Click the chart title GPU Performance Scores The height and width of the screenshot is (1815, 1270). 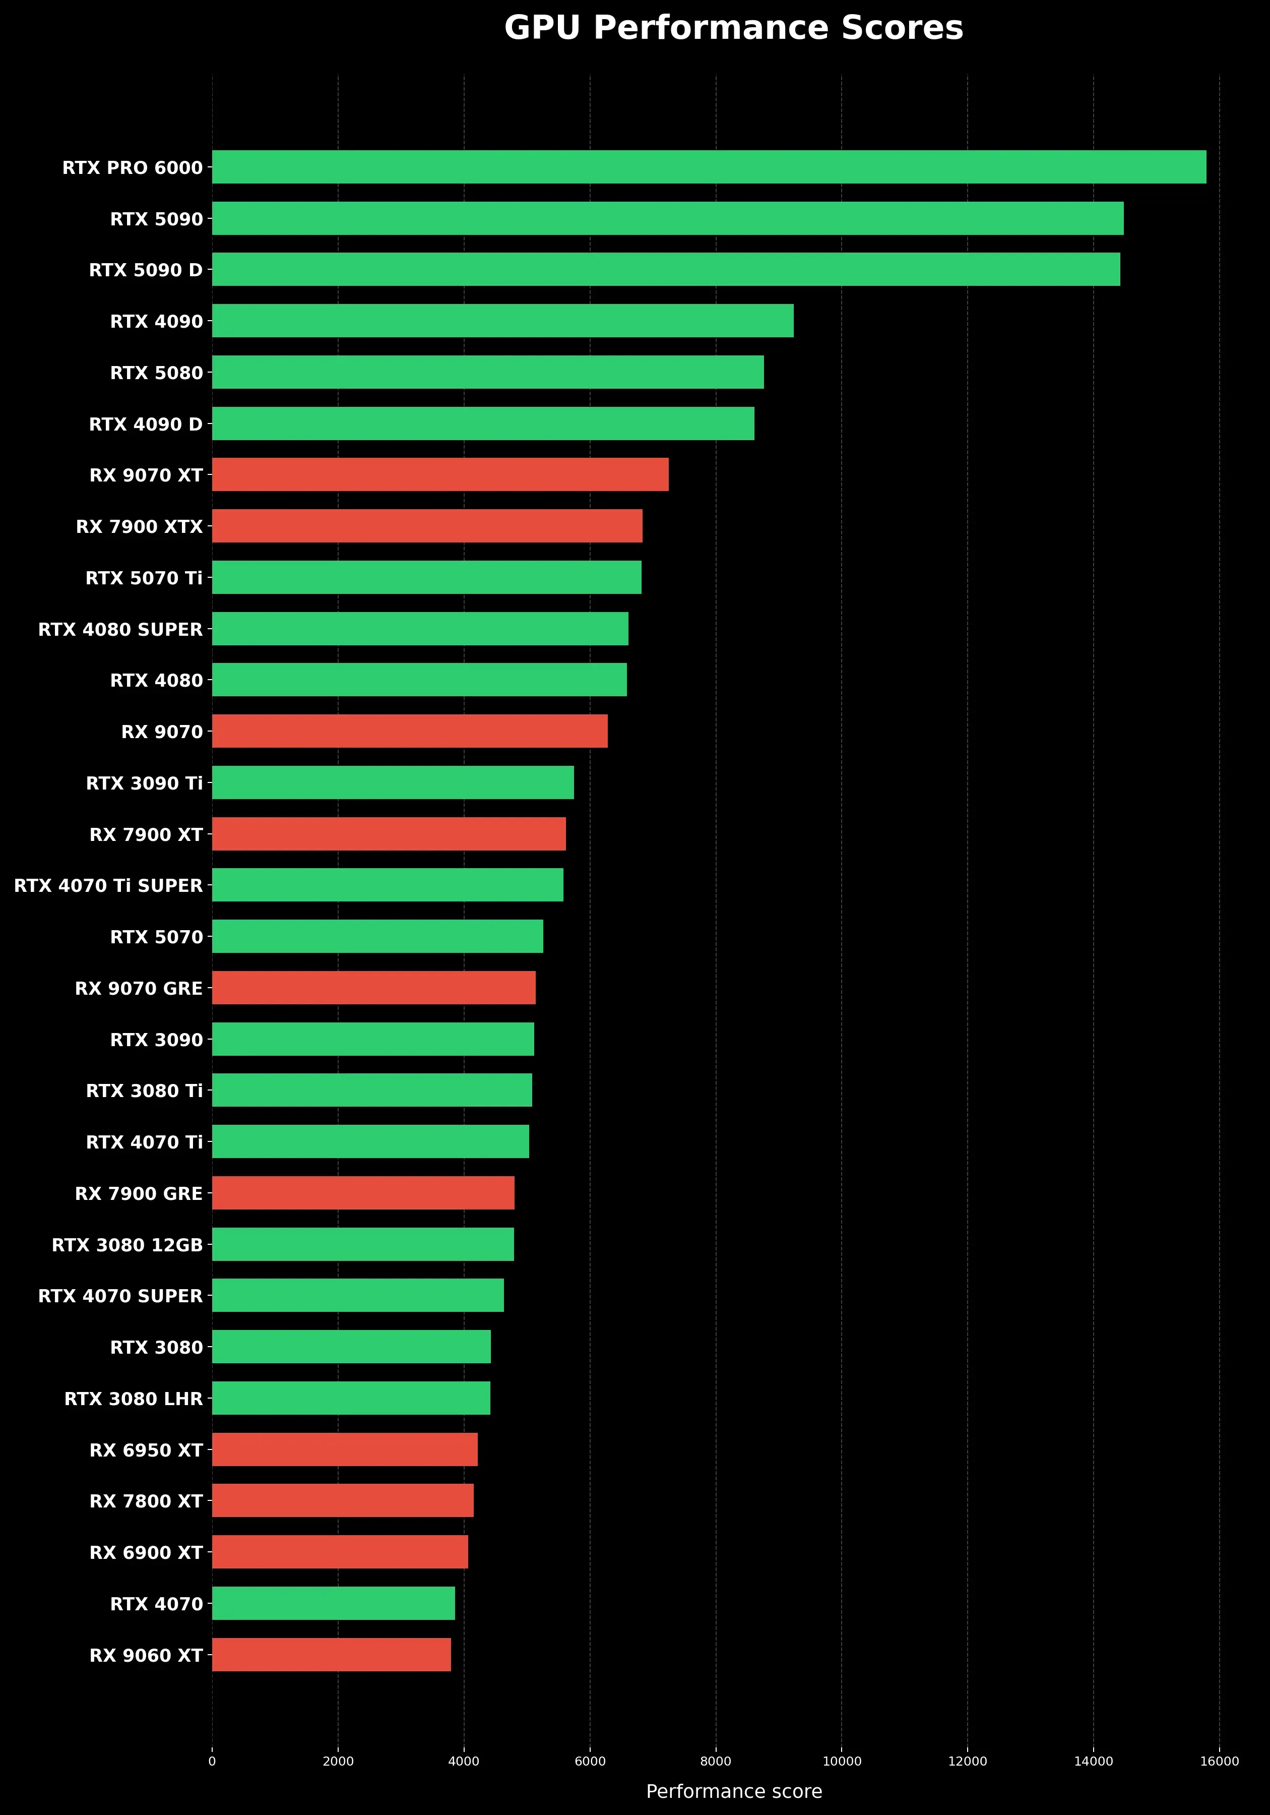coord(733,28)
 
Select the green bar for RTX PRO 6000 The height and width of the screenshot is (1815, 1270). coord(709,167)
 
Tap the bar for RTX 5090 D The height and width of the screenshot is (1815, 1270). coord(665,270)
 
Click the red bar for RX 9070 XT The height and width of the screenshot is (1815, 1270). coord(440,474)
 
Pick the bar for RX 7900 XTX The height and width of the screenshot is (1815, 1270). coord(427,526)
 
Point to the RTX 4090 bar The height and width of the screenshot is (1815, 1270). coord(502,321)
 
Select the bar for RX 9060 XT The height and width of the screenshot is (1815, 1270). coord(331,1655)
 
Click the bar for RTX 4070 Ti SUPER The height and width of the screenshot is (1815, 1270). coord(387,885)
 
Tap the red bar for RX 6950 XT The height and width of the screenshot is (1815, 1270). coord(345,1449)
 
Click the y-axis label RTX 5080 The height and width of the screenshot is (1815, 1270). coord(156,373)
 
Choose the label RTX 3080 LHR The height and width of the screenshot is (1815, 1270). coord(134,1399)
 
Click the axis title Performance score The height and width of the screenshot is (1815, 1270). coord(733,1791)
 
